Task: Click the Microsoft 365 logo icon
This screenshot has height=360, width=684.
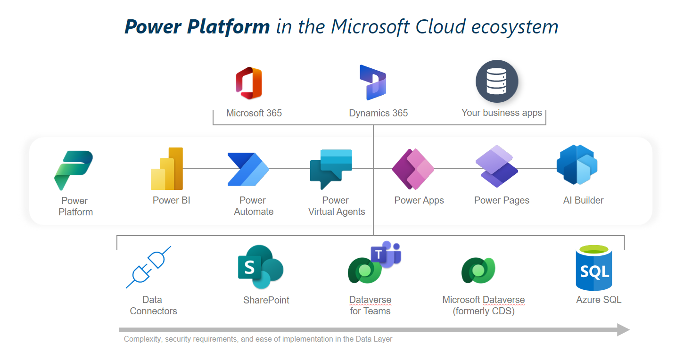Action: pyautogui.click(x=249, y=83)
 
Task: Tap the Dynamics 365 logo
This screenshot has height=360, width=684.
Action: pyautogui.click(x=373, y=83)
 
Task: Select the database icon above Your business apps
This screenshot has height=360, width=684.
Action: pyautogui.click(x=497, y=82)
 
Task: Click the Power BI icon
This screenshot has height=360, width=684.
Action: pyautogui.click(x=167, y=169)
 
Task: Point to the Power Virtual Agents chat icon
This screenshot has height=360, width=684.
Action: pyautogui.click(x=331, y=169)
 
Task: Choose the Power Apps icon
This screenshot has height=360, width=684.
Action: pyautogui.click(x=413, y=169)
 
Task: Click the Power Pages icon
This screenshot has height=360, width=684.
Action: pyautogui.click(x=497, y=166)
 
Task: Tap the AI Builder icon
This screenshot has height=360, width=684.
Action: pyautogui.click(x=577, y=165)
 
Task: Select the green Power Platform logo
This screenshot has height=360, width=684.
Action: pyautogui.click(x=74, y=170)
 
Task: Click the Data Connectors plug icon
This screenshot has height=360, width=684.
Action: pyautogui.click(x=148, y=267)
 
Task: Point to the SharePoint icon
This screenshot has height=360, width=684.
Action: pyautogui.click(x=260, y=267)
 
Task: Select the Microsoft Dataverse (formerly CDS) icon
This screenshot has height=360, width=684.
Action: pyautogui.click(x=478, y=270)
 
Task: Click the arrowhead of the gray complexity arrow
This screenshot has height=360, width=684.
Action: pyautogui.click(x=623, y=330)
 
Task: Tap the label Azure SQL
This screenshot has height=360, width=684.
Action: pyautogui.click(x=599, y=300)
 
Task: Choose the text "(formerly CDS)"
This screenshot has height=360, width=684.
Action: pyautogui.click(x=483, y=311)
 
